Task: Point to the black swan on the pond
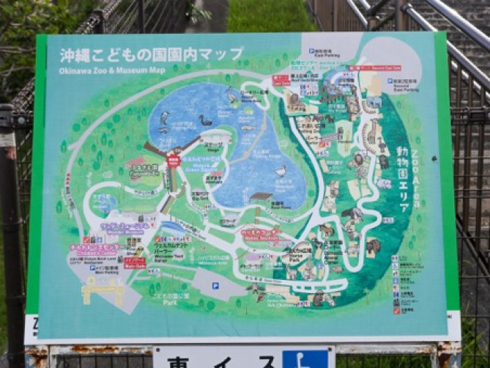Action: point(207,119)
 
